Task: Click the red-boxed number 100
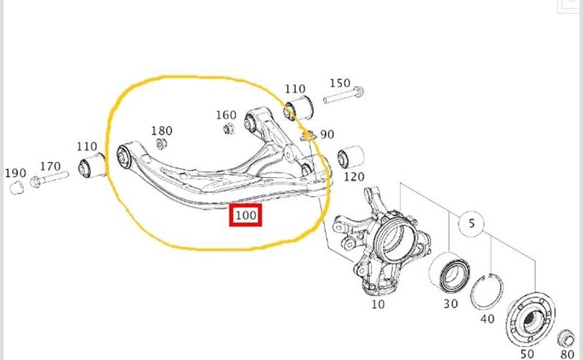click(245, 215)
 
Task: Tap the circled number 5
click(471, 223)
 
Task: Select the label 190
click(16, 173)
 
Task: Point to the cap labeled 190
click(17, 187)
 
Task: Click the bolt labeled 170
click(49, 179)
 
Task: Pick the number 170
click(50, 166)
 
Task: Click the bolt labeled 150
click(344, 95)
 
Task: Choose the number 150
click(340, 83)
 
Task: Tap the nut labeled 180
click(161, 143)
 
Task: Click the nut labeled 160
click(228, 129)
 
